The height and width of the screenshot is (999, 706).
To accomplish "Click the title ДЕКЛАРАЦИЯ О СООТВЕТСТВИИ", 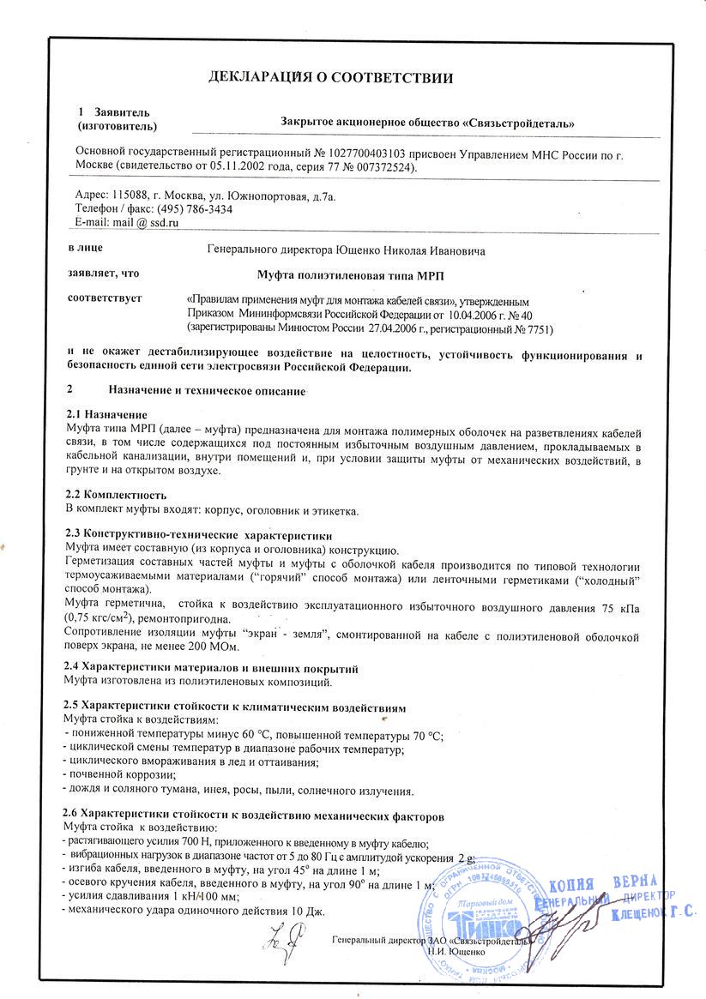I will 330,79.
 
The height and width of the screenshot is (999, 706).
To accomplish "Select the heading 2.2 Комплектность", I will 115,496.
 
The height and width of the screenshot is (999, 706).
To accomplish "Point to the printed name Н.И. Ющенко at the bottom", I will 456,952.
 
